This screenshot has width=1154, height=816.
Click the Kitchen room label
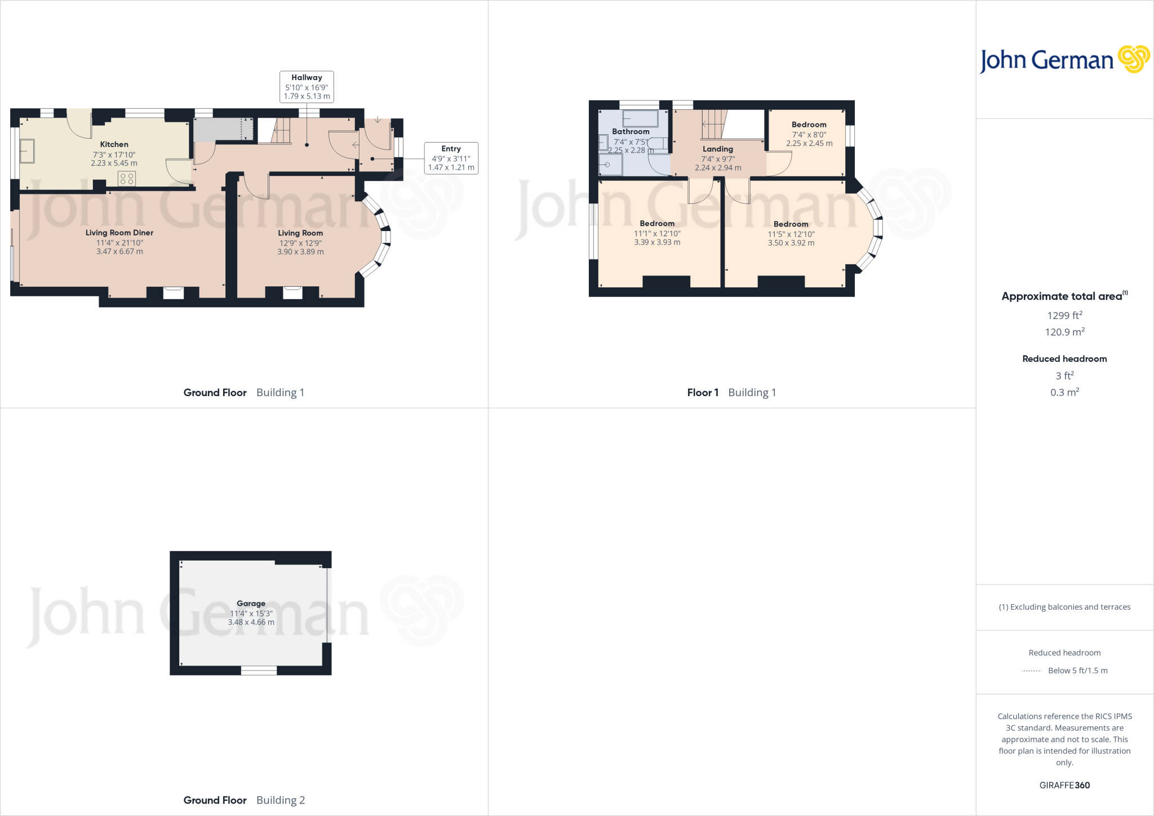(x=114, y=145)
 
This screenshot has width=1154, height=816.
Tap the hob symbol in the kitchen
(x=127, y=179)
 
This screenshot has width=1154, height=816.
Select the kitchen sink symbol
(x=26, y=151)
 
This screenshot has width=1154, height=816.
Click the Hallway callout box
(x=307, y=87)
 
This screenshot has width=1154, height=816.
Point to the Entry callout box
(x=451, y=158)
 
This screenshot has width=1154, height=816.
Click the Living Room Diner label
(x=119, y=233)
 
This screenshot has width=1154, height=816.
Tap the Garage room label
(x=251, y=604)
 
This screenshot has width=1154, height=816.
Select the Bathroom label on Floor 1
(x=631, y=132)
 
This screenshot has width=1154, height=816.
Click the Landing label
(x=717, y=149)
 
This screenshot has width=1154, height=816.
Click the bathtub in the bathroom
(x=640, y=118)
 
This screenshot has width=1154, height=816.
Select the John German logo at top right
(x=1064, y=60)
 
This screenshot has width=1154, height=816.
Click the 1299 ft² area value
(x=1064, y=316)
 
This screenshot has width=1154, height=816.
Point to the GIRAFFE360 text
(x=1064, y=785)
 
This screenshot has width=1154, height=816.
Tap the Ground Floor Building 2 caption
(x=244, y=800)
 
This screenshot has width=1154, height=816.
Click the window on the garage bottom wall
(x=259, y=671)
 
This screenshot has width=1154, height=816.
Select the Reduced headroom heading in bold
(x=1064, y=359)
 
